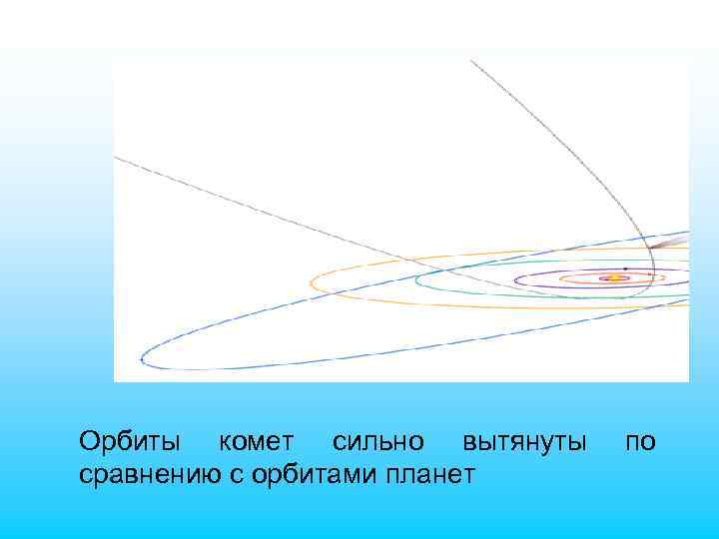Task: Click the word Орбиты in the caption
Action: tap(130, 441)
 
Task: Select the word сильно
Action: tap(377, 441)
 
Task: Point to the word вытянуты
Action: tap(524, 441)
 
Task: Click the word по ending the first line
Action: tap(641, 441)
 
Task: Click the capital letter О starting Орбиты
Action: tap(90, 441)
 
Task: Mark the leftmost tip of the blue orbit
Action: tap(142, 356)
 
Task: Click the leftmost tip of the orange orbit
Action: tap(311, 282)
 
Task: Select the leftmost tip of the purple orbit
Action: tap(513, 279)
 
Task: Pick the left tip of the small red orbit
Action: tap(560, 278)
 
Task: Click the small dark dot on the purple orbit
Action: tap(625, 268)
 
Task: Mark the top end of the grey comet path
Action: tap(471, 61)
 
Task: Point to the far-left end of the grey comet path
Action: tap(116, 157)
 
